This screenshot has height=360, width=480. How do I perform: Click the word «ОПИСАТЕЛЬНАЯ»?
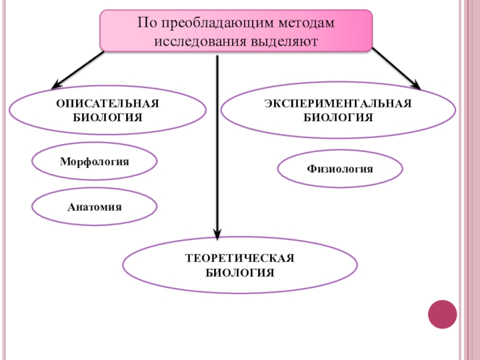(x=108, y=104)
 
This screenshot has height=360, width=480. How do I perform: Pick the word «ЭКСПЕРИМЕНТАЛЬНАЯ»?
(x=338, y=103)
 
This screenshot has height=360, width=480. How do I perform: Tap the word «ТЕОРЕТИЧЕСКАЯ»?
(x=240, y=259)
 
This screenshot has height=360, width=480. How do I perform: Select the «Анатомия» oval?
(x=94, y=207)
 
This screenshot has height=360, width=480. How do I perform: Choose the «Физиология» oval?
(x=340, y=169)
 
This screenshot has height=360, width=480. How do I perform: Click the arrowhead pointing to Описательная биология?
(x=58, y=83)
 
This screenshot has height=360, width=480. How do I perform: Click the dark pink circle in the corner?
(x=442, y=314)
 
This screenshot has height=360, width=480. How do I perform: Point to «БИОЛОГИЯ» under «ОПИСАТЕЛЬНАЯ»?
(x=108, y=117)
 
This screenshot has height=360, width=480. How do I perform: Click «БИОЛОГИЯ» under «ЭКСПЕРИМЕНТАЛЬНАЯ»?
(x=338, y=117)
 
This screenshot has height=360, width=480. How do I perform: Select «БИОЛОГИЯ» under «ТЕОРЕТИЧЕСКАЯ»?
(x=240, y=273)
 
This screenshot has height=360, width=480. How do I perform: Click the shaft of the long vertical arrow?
(x=217, y=144)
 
